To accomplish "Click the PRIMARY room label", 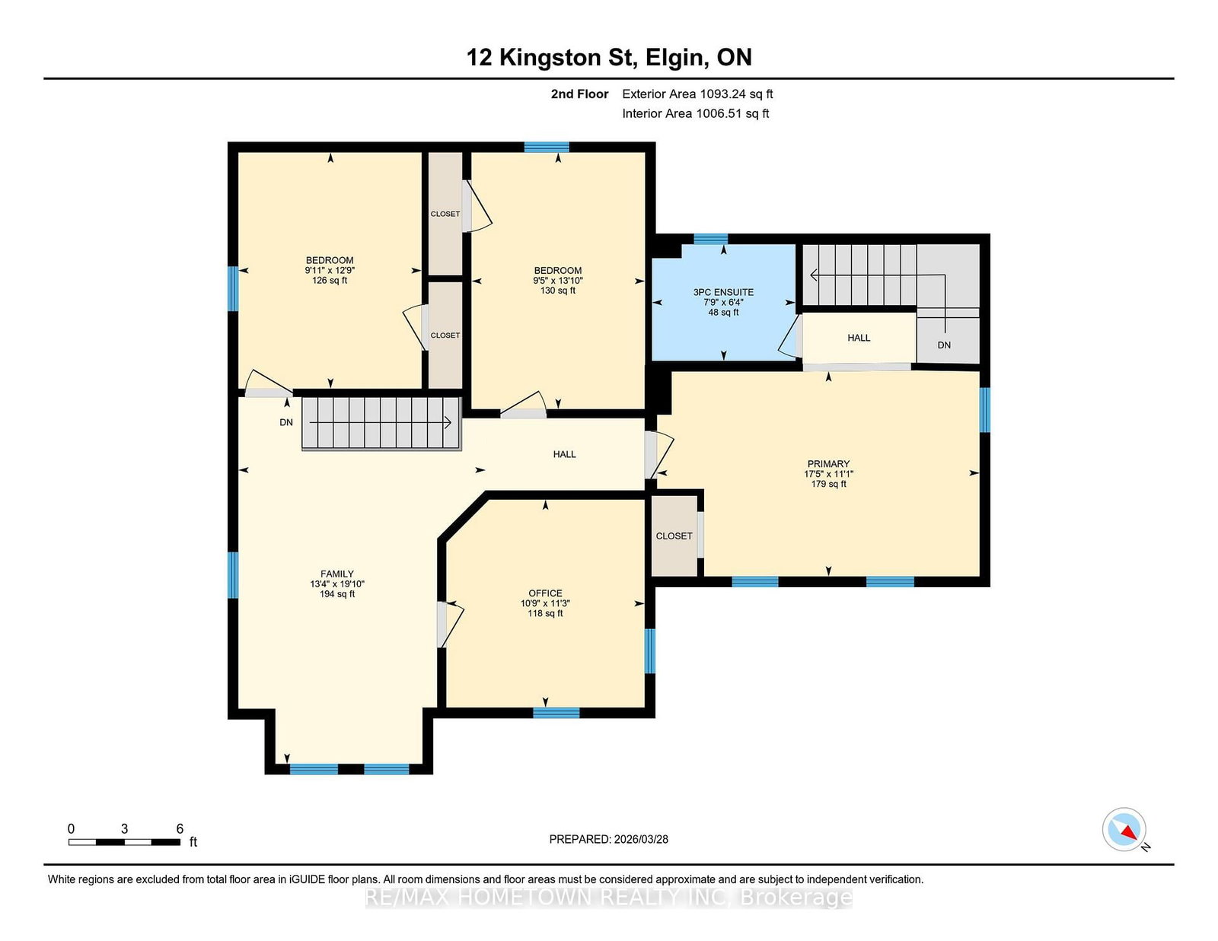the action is [828, 464].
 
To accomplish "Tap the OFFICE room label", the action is [545, 593].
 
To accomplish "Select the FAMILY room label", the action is [337, 574].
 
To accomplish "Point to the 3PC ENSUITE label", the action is [723, 292].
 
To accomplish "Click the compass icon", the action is [1124, 829].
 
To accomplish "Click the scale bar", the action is [124, 842].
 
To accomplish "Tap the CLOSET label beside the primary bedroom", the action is [674, 536].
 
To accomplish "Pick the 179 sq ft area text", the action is [828, 484].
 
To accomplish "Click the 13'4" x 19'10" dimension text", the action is [337, 583].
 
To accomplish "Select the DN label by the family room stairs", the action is [286, 422].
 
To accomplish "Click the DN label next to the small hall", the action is [944, 345].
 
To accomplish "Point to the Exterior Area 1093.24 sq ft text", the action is [697, 94].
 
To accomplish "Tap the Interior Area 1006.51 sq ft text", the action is [695, 113].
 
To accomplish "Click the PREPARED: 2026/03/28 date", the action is [609, 839].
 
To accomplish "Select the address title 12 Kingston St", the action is [552, 57].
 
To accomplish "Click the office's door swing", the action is [451, 624].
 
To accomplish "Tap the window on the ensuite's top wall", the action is [711, 239].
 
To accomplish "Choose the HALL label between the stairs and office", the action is [564, 454].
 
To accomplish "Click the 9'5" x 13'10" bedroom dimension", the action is [558, 281].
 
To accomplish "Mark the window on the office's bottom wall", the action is [556, 713].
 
